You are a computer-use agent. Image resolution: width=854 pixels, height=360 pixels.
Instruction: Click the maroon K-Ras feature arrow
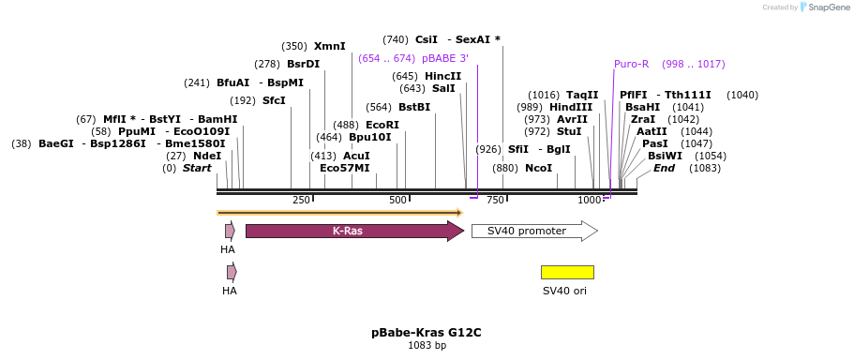354,231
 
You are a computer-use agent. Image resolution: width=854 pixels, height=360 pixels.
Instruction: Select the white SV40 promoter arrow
535,231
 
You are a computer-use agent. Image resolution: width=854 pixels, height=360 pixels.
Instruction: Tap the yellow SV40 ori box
567,272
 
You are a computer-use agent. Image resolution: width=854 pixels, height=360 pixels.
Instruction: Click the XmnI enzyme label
330,47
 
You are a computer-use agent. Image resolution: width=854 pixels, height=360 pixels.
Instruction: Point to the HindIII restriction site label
571,107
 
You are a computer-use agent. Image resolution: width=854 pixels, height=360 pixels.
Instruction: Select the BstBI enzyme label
414,107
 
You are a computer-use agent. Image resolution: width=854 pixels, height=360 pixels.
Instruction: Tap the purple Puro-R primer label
631,65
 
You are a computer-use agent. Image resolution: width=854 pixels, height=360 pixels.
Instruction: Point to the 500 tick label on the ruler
397,201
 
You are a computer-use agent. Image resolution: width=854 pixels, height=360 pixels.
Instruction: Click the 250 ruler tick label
301,201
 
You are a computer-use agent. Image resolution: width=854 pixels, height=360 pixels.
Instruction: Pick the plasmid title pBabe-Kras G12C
427,333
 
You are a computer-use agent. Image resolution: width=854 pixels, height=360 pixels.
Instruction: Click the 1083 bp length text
427,345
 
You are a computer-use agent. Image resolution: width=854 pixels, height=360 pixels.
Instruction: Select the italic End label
664,169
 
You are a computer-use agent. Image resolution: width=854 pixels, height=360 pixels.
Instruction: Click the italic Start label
197,169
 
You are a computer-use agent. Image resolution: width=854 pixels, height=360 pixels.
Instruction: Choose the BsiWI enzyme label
664,157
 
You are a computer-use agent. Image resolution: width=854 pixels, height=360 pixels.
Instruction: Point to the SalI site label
443,88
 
